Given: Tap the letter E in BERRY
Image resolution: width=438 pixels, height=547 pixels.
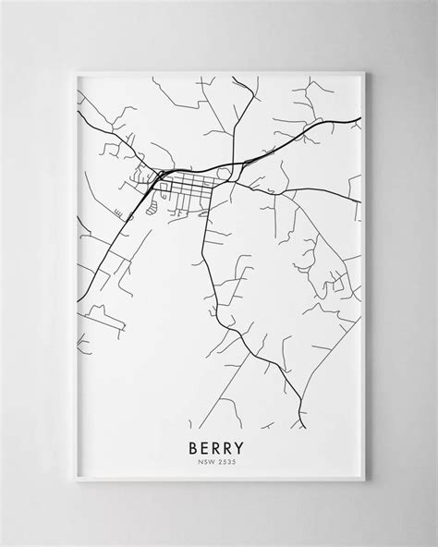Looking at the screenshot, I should tap(206, 446).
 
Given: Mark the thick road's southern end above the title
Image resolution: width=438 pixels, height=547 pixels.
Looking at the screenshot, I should tap(304, 427).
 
